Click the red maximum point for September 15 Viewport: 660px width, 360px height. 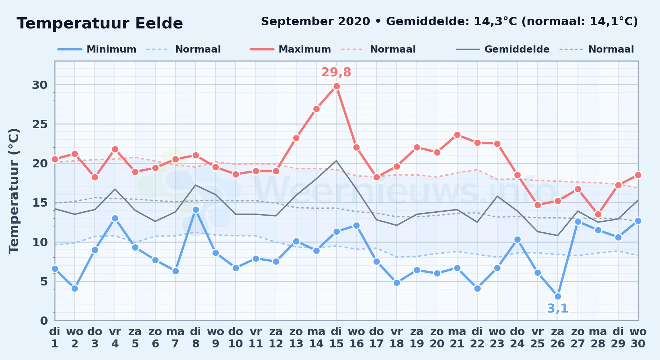click(x=336, y=86)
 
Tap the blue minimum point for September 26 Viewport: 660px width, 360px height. click(x=558, y=296)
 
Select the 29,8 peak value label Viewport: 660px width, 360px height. click(x=336, y=72)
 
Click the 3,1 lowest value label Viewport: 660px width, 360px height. click(x=557, y=309)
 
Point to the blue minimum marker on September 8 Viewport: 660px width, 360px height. click(x=196, y=210)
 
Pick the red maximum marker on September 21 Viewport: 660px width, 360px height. click(x=457, y=135)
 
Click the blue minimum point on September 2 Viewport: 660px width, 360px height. click(x=75, y=288)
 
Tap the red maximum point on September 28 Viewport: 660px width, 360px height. click(x=598, y=214)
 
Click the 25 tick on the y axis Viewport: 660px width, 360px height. click(x=40, y=124)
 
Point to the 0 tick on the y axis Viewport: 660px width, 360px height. click(x=44, y=320)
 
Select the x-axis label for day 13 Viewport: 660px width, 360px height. click(x=296, y=338)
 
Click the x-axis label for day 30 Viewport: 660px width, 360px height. click(x=638, y=338)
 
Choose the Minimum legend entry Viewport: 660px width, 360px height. click(x=97, y=49)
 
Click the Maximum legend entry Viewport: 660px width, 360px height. click(x=290, y=49)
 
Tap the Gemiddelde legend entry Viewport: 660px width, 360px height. click(x=503, y=49)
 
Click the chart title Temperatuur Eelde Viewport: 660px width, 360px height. click(x=100, y=23)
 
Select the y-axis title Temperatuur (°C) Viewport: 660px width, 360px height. click(x=14, y=191)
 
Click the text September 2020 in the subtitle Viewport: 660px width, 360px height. click(x=316, y=21)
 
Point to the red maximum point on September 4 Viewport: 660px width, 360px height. click(x=115, y=149)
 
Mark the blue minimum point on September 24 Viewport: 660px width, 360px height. click(x=517, y=239)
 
